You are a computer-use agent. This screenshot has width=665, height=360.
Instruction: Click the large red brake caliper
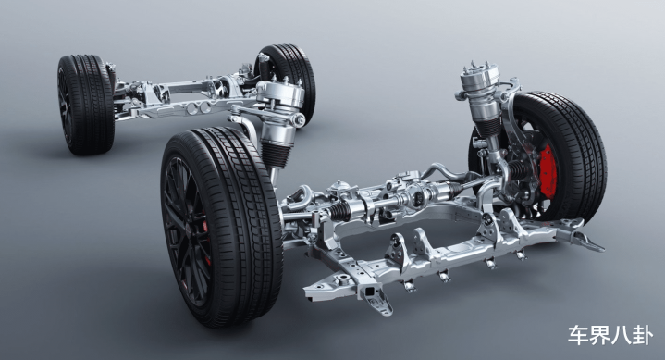tap(548, 170)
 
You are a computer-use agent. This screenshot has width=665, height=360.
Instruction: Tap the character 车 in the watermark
tap(578, 335)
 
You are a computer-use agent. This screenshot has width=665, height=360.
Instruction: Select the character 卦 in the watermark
tap(642, 335)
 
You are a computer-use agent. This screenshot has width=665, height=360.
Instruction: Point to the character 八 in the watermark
tap(621, 335)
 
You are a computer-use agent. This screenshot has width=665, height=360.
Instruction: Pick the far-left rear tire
tap(86, 105)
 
